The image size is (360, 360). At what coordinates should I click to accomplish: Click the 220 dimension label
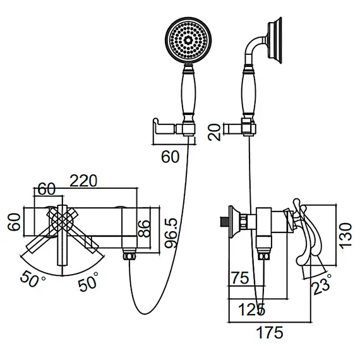pyautogui.click(x=83, y=181)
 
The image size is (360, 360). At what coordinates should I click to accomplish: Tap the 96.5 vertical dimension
pyautogui.click(x=172, y=233)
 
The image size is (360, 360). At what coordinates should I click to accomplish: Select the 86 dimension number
pyautogui.click(x=144, y=229)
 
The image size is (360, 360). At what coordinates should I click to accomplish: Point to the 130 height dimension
pyautogui.click(x=345, y=236)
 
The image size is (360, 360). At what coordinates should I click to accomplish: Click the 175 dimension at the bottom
pyautogui.click(x=270, y=332)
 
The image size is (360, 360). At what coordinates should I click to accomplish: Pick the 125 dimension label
pyautogui.click(x=252, y=309)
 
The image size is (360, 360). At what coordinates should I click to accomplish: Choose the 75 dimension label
pyautogui.click(x=240, y=278)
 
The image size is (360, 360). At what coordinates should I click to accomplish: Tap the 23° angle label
pyautogui.click(x=322, y=284)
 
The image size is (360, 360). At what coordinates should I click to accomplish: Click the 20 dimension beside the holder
pyautogui.click(x=214, y=132)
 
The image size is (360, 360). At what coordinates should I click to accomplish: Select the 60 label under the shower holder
pyautogui.click(x=170, y=157)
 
